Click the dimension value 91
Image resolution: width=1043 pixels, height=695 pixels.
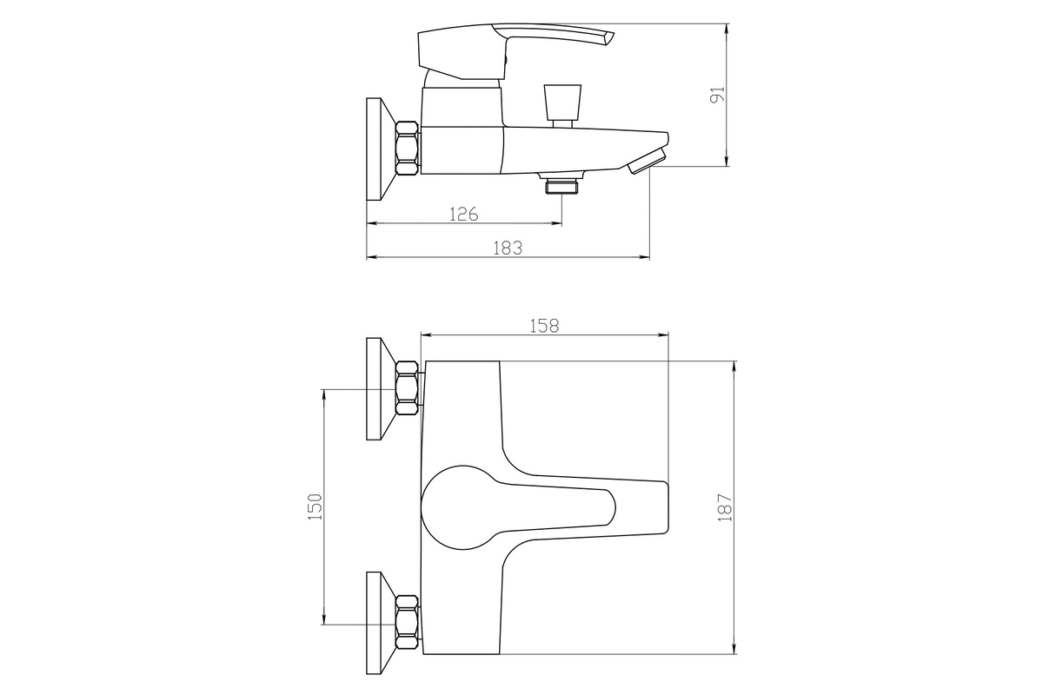tap(718, 95)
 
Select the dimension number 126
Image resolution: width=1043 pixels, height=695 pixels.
tap(464, 214)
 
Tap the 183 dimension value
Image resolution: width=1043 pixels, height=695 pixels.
tap(508, 248)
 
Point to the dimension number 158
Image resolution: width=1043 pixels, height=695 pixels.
tap(544, 327)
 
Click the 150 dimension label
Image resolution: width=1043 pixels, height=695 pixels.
tap(316, 507)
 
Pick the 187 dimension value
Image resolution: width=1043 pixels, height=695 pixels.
tap(725, 507)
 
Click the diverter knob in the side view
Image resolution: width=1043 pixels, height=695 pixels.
tap(562, 106)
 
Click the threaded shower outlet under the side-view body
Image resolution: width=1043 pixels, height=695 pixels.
tap(561, 185)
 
